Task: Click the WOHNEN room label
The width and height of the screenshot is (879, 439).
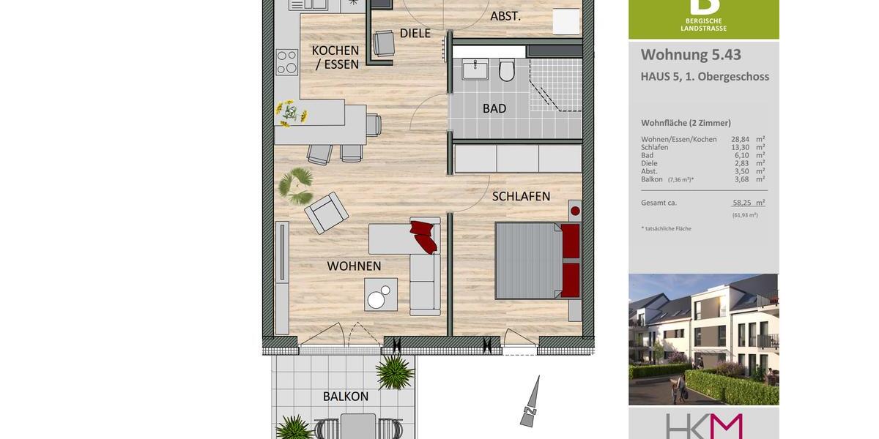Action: tap(354, 266)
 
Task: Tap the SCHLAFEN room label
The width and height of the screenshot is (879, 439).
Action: tap(521, 197)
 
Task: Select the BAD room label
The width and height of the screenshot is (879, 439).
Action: tap(494, 109)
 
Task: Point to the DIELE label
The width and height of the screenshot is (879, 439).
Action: tap(415, 33)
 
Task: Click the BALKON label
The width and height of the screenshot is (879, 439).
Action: tap(346, 397)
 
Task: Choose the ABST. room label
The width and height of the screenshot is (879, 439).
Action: tap(505, 15)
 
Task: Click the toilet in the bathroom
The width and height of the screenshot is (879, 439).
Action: tap(507, 71)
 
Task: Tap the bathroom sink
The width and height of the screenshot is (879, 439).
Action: tap(475, 70)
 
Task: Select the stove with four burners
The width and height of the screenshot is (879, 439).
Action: tap(287, 62)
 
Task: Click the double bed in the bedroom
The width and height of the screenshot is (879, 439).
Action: tap(537, 260)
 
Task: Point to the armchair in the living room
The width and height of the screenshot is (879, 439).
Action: tap(326, 212)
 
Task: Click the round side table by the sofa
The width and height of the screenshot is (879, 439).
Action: tap(377, 299)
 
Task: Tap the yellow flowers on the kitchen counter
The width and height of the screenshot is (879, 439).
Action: tap(291, 113)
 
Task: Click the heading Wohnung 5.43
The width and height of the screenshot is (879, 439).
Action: tap(691, 55)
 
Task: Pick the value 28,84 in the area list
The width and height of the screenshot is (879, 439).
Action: tap(741, 139)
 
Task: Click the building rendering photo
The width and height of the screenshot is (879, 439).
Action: tap(703, 339)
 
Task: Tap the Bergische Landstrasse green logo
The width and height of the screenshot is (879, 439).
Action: tap(703, 19)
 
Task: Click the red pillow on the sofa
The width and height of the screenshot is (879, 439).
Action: tap(424, 235)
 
